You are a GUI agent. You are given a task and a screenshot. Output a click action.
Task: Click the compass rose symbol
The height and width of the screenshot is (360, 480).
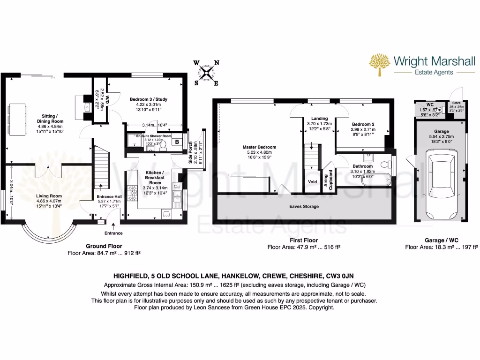(207, 73)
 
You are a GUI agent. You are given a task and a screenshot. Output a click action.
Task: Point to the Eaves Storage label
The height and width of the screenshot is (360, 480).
(304, 206)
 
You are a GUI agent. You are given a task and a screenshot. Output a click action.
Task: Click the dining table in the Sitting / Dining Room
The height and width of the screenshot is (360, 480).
(15, 120)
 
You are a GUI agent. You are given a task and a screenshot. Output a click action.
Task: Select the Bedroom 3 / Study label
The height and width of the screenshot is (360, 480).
(148, 99)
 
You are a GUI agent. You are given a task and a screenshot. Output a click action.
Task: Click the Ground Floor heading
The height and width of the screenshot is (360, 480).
(104, 246)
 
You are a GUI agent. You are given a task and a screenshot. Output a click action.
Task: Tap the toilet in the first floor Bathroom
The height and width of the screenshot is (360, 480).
(385, 165)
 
